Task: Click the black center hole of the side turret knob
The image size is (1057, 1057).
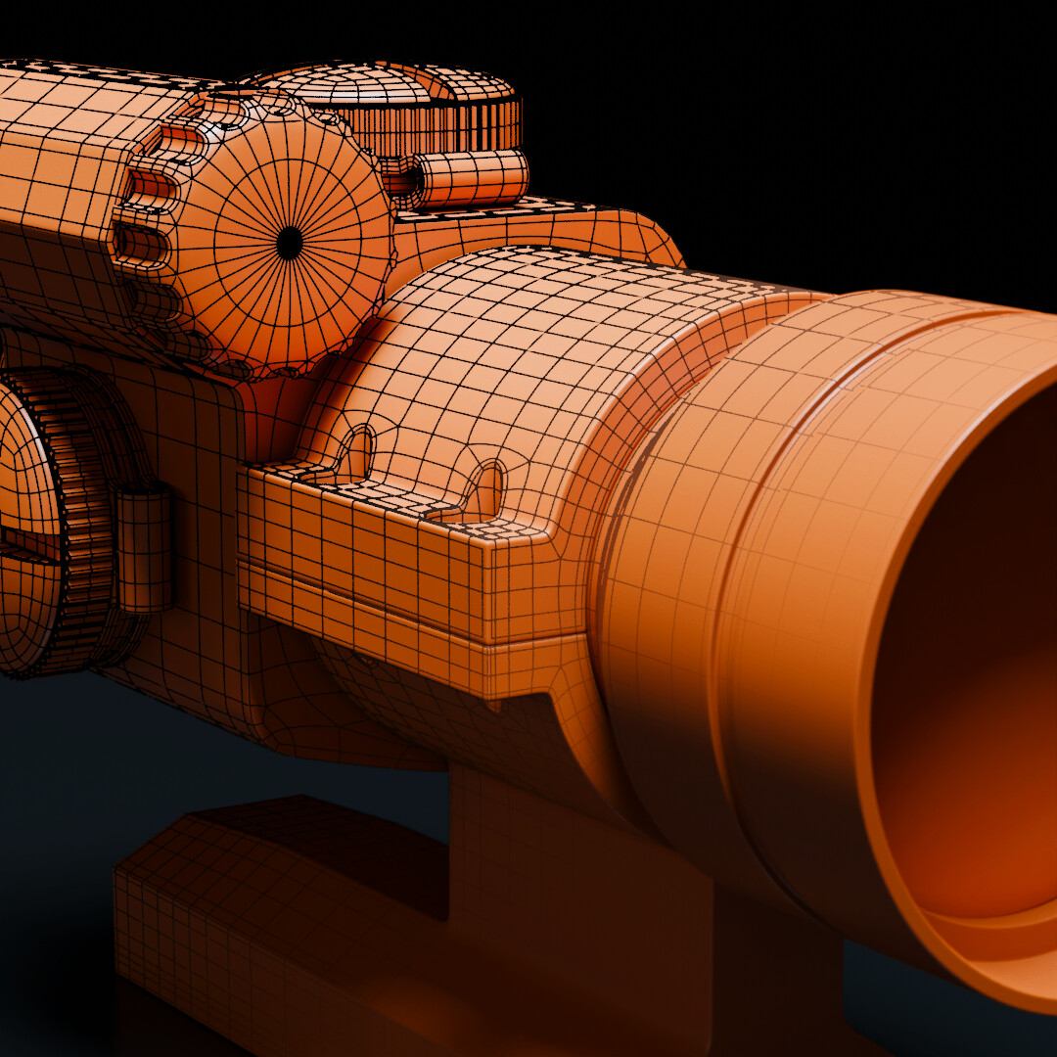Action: tap(290, 243)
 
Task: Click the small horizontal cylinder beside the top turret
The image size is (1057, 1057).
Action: tap(470, 179)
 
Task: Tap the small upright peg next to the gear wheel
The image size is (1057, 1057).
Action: tap(145, 548)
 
